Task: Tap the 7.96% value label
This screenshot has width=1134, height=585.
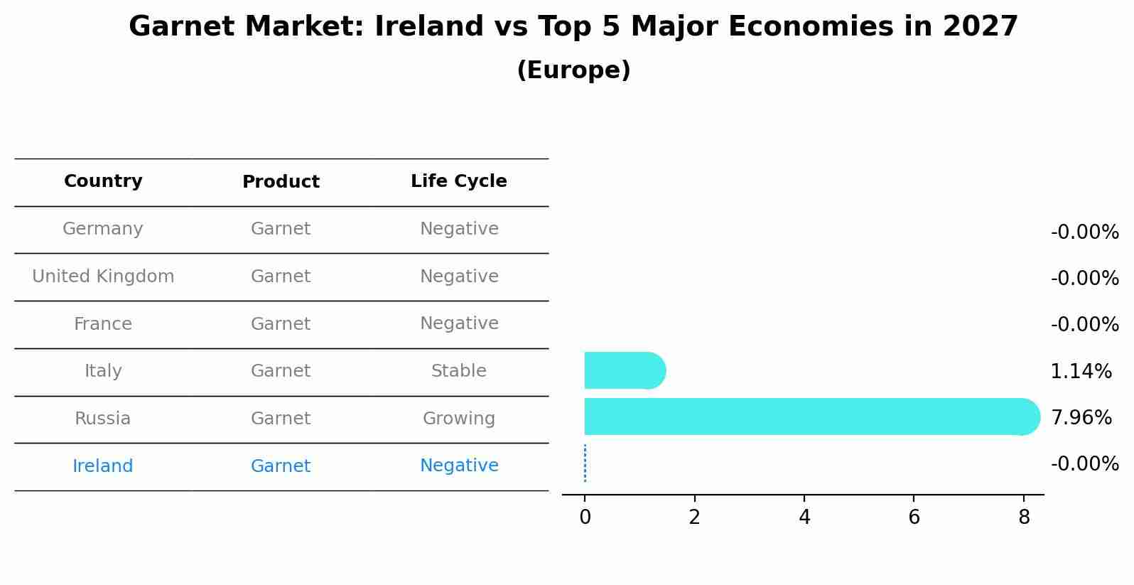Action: pos(1081,417)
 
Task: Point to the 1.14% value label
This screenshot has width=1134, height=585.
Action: pos(1081,371)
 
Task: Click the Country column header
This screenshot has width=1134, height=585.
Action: pos(103,181)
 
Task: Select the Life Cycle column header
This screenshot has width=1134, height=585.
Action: pos(458,181)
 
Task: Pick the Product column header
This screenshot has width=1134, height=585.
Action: pos(281,182)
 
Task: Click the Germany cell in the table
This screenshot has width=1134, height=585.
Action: pos(103,229)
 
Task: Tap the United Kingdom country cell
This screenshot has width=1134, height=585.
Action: pos(103,277)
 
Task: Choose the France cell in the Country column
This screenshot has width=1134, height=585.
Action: pos(103,324)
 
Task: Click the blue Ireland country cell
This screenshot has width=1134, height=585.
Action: pos(103,466)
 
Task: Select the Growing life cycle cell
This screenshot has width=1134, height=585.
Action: pos(458,419)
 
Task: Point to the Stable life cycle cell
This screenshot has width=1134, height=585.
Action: pos(458,371)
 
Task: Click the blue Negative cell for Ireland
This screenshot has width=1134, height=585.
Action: pos(458,466)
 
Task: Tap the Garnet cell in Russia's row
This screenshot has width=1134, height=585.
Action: pos(281,419)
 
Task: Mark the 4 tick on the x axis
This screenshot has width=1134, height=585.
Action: pos(804,517)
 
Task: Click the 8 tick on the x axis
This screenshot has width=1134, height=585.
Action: pos(1023,517)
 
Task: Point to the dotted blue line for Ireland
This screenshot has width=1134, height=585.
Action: pos(585,463)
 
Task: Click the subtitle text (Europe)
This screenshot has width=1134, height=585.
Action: pos(573,70)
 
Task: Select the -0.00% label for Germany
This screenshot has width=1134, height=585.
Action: pos(1084,232)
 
